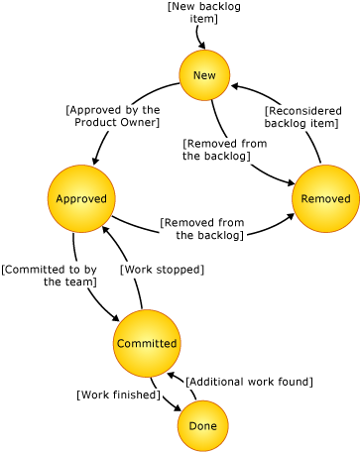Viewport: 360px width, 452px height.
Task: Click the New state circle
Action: click(204, 75)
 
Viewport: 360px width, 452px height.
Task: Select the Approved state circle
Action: click(81, 199)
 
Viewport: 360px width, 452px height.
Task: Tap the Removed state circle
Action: click(325, 199)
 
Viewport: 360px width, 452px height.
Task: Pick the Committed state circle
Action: click(147, 343)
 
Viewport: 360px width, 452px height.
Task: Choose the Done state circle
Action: click(203, 425)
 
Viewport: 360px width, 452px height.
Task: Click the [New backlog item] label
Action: click(203, 13)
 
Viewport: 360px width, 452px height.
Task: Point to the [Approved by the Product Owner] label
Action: click(113, 116)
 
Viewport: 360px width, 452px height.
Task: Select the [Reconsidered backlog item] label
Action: click(303, 117)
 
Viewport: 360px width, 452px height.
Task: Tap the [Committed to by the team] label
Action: click(50, 275)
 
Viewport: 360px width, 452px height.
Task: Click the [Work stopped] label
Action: click(162, 269)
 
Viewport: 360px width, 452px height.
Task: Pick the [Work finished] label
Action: click(118, 395)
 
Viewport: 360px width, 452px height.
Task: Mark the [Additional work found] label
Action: click(249, 381)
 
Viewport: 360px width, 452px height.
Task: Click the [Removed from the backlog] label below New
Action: click(224, 150)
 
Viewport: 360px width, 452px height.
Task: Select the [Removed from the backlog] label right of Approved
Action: click(202, 229)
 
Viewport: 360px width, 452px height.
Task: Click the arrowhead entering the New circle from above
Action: click(203, 46)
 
